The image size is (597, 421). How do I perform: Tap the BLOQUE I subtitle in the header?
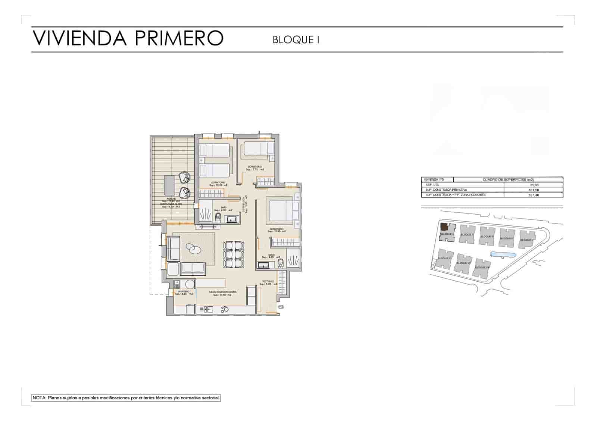point(296,40)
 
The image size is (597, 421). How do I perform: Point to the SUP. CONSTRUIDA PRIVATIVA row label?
point(446,190)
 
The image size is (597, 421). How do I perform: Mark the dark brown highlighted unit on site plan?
point(444,227)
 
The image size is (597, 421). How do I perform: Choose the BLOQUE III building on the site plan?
point(487,236)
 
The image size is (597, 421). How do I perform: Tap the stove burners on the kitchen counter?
point(225,309)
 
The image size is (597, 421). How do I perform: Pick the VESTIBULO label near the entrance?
point(268,281)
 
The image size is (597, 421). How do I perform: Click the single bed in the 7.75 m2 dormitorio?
point(257,149)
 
